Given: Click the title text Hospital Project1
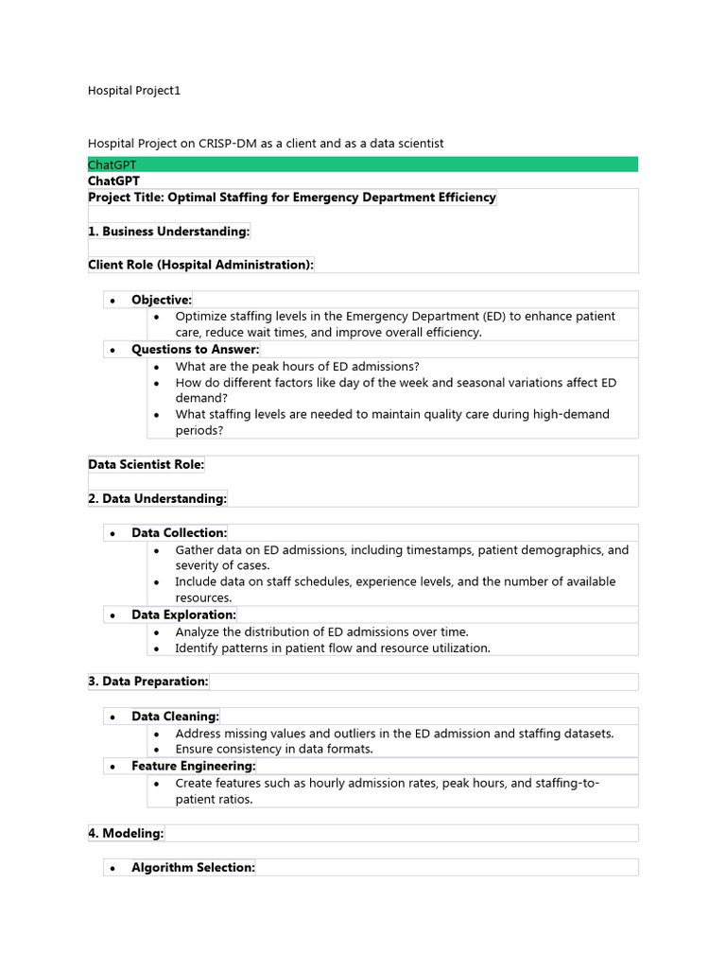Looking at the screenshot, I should pyautogui.click(x=133, y=91).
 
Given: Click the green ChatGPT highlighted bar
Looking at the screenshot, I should pyautogui.click(x=362, y=164).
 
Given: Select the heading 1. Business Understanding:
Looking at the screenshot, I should pyautogui.click(x=169, y=232).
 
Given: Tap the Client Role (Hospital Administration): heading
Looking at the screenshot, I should pyautogui.click(x=200, y=265).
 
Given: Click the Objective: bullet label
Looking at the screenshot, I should pyautogui.click(x=162, y=300).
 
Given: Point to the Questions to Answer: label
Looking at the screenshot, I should pyautogui.click(x=195, y=349).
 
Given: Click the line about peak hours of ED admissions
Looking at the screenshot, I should pyautogui.click(x=297, y=366).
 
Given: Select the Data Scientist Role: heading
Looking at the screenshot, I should pyautogui.click(x=146, y=464).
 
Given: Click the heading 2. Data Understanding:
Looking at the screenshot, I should pyautogui.click(x=158, y=498).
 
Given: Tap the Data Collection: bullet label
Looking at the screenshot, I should pyautogui.click(x=180, y=533).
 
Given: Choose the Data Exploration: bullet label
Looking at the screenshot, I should pyautogui.click(x=183, y=614).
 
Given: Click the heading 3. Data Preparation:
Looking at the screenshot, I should pyautogui.click(x=148, y=682).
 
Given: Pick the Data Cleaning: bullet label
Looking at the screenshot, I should pyautogui.click(x=175, y=717).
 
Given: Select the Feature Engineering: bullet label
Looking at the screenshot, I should pyautogui.click(x=194, y=766).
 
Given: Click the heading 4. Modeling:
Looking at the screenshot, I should pyautogui.click(x=126, y=833).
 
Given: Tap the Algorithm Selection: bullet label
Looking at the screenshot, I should pyautogui.click(x=193, y=867).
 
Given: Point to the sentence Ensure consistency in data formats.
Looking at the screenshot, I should pyautogui.click(x=274, y=749).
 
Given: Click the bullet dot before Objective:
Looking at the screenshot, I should pyautogui.click(x=112, y=301).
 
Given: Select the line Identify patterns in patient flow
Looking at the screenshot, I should pyautogui.click(x=332, y=648).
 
